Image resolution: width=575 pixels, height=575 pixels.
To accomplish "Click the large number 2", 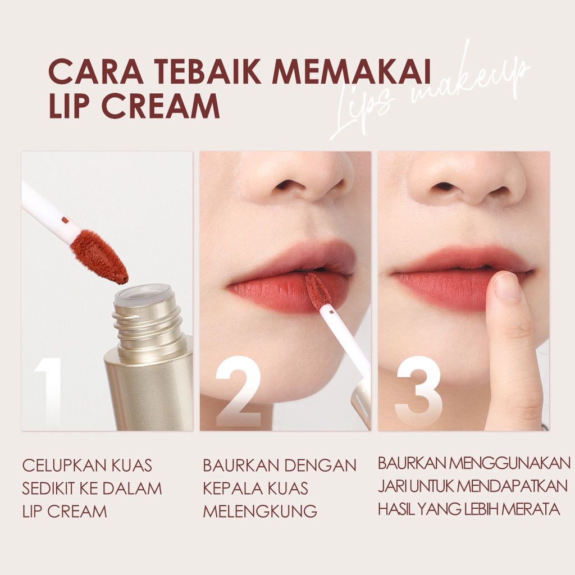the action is point(238,391).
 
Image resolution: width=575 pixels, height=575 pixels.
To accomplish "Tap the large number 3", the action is point(418,391).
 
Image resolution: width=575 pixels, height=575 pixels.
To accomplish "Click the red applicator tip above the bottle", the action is point(99,257).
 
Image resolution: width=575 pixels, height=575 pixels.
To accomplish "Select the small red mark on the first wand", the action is point(65,220).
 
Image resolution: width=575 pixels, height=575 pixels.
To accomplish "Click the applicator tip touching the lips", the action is point(318,291).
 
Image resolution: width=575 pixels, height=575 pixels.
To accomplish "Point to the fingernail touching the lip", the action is point(507,286).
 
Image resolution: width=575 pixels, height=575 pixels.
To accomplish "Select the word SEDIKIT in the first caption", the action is point(48,489).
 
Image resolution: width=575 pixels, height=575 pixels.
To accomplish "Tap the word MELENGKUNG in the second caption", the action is point(260,512).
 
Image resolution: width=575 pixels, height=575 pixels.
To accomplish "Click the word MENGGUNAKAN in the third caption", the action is point(510,463).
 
